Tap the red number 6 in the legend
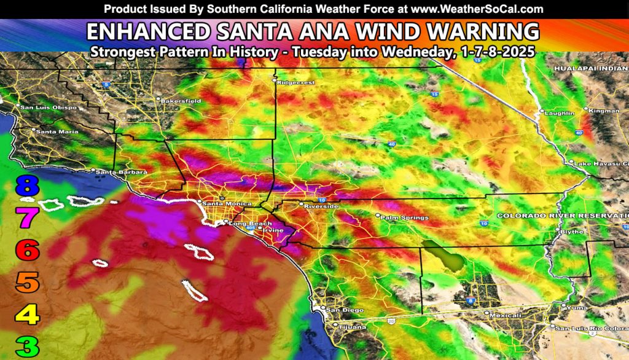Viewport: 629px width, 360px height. (x=28, y=250)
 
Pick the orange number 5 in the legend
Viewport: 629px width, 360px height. (x=28, y=283)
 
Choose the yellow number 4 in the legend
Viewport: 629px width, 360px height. (x=28, y=315)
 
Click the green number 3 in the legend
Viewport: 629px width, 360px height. (x=28, y=347)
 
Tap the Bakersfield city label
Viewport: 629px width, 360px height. (x=181, y=100)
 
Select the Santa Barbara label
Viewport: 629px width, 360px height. (x=114, y=172)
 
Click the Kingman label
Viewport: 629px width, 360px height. (x=603, y=111)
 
